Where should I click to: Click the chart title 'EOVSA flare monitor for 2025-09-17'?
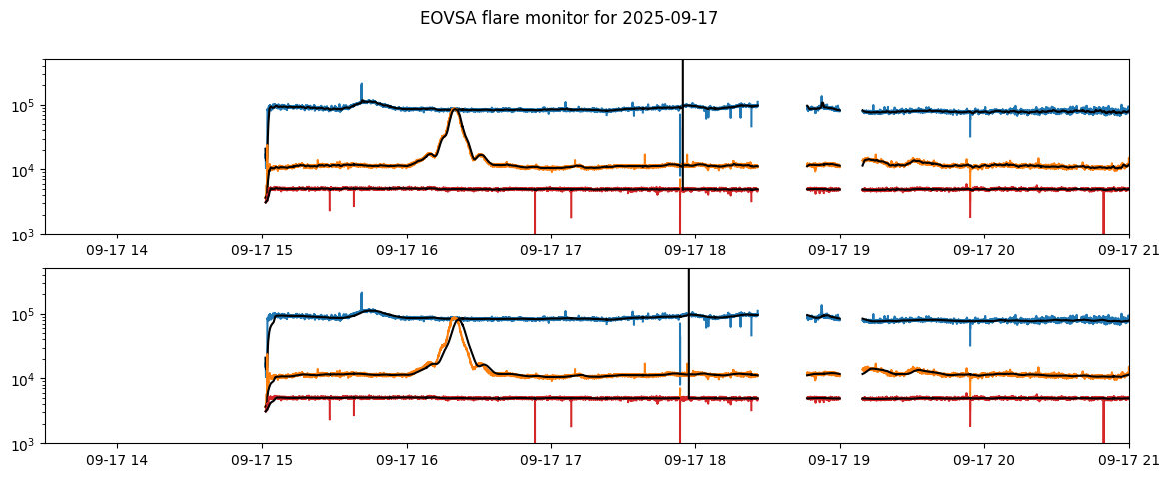click(569, 18)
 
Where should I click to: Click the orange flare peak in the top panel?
click(455, 109)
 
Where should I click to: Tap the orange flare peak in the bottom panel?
click(456, 318)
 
